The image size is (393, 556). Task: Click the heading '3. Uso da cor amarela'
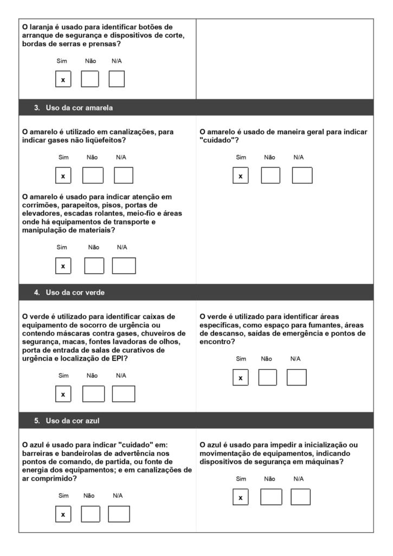73,108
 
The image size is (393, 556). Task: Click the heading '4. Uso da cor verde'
69,292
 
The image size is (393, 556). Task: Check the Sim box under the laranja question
63,79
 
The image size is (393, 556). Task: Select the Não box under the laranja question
90,79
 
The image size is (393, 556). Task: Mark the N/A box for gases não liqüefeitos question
124,175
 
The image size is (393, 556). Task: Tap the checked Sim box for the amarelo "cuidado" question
241,175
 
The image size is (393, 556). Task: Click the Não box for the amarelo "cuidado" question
270,175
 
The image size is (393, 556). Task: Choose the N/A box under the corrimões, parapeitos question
124,266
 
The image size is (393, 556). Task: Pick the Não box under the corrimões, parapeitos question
94,266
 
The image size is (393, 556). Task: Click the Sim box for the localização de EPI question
63,394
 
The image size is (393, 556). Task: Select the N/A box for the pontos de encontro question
297,377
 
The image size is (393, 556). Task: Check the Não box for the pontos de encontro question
267,377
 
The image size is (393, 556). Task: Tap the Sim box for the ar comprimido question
63,514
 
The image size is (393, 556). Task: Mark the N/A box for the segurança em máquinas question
300,497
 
